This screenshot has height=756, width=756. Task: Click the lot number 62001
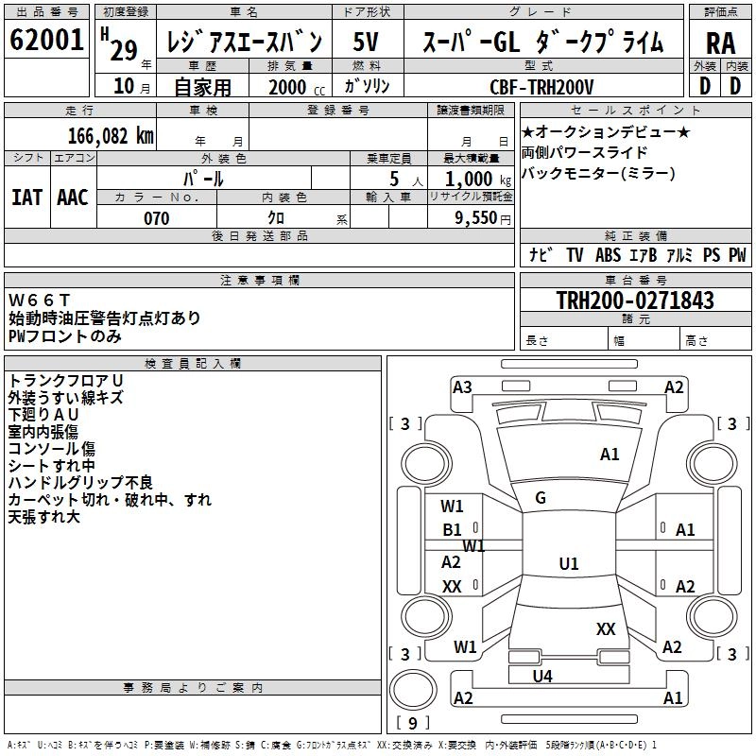coord(47,42)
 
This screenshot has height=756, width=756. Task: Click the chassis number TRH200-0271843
coord(635,301)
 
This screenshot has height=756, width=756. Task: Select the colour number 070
coord(156,218)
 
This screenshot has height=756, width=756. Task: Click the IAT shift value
coord(26,197)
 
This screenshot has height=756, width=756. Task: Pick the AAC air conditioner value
coord(72,197)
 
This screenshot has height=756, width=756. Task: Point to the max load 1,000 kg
coord(472,179)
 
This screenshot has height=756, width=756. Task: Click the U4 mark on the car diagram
coord(542,676)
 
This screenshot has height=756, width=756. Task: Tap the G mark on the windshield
coord(541,498)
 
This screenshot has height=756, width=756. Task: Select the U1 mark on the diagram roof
coord(568,564)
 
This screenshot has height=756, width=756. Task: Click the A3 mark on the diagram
coord(462,387)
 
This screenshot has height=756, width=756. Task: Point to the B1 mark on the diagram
coord(453,530)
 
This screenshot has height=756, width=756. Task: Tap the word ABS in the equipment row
coord(608,255)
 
